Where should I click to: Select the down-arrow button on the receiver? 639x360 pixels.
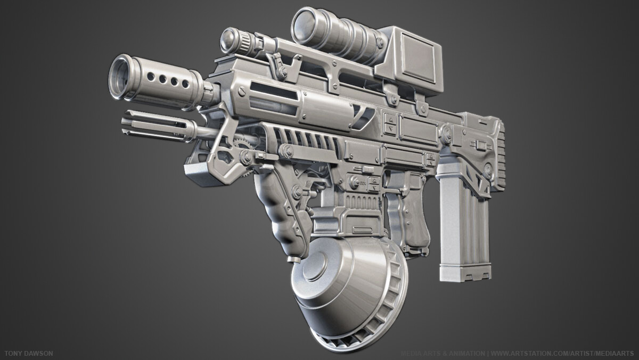(390, 129)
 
